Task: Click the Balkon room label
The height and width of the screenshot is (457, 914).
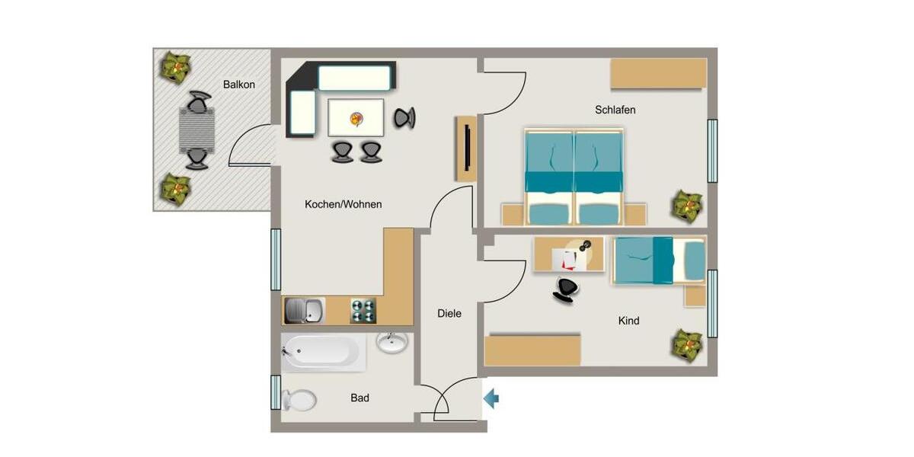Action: (x=238, y=85)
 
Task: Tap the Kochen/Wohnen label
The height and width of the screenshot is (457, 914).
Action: (x=343, y=204)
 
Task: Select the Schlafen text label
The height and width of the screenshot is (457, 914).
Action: (x=615, y=110)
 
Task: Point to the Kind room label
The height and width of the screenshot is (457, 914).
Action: (x=628, y=321)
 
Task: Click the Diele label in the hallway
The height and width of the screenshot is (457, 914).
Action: (x=449, y=313)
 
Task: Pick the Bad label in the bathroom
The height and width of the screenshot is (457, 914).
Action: (x=360, y=398)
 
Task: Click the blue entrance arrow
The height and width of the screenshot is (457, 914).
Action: (x=491, y=397)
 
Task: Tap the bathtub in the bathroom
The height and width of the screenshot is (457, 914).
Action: (x=323, y=352)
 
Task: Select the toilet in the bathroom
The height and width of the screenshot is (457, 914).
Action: (x=299, y=399)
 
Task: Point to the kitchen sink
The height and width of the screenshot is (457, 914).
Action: (x=303, y=310)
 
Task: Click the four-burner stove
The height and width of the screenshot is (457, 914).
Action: (x=363, y=311)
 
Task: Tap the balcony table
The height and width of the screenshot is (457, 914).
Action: (x=197, y=130)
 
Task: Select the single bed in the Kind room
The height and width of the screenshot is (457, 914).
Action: (x=658, y=260)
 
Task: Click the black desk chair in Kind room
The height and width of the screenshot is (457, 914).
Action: (x=564, y=290)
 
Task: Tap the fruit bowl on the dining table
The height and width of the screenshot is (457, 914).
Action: (x=356, y=118)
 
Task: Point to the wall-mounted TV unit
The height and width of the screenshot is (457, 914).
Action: (x=466, y=149)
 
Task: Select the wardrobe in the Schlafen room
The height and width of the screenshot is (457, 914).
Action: (x=658, y=74)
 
